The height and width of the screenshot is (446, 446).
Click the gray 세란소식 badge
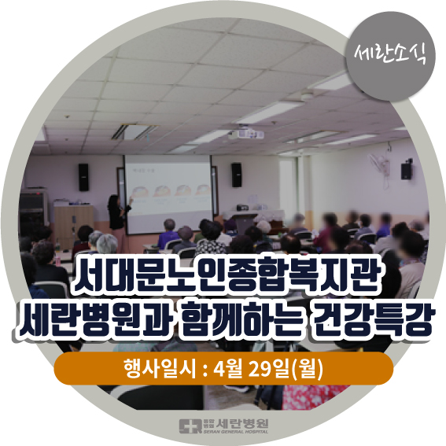coord(391,56)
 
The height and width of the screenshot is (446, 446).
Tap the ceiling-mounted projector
coord(245,134)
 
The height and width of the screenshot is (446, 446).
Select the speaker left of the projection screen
coord(83,177)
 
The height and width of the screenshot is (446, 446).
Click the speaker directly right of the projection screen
coord(236,175)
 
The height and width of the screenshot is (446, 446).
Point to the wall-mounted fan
coord(379,168)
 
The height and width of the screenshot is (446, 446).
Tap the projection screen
coord(168,194)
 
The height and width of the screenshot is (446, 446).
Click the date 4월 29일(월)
coord(269,369)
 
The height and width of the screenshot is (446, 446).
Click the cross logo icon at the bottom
coord(190,426)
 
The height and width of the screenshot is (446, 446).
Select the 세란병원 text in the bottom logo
coord(242,423)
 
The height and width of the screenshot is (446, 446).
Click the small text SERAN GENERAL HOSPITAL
coord(236,432)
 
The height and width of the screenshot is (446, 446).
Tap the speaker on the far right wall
coord(407,170)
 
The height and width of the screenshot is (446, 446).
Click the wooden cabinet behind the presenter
coord(73,225)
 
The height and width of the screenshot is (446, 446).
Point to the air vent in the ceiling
coord(134,131)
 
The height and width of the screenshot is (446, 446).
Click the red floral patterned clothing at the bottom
coord(315,396)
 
